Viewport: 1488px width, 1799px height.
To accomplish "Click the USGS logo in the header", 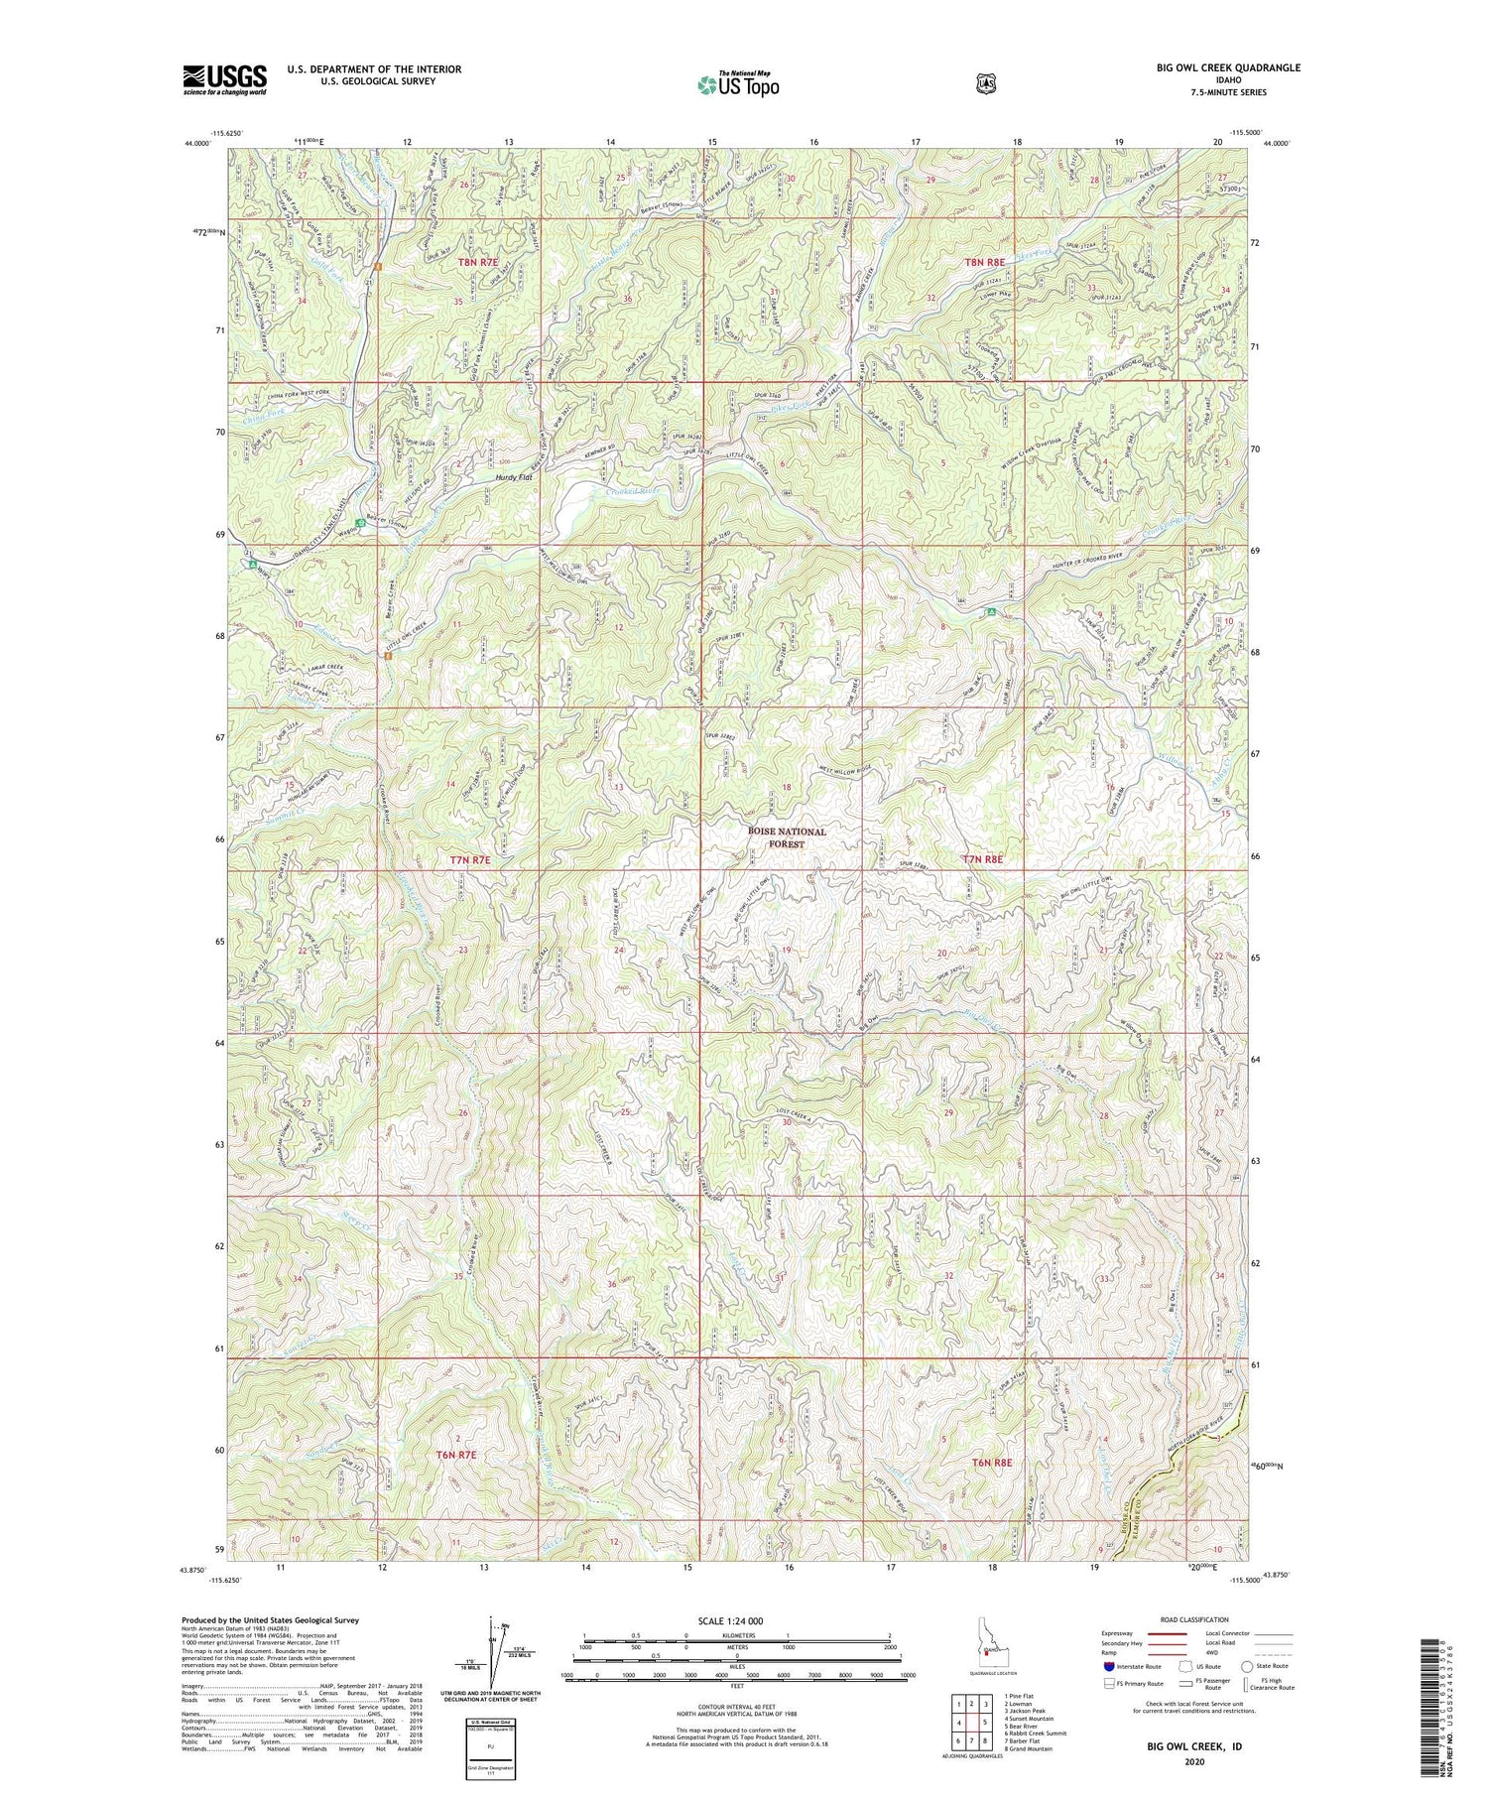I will click(x=224, y=79).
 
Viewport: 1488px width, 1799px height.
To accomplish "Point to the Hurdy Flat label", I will click(x=514, y=477).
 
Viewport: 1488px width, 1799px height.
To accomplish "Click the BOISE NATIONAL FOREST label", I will click(x=788, y=838).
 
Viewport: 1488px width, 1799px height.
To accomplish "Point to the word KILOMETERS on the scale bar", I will click(x=737, y=1637).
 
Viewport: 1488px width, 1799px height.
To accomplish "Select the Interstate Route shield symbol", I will click(x=1107, y=1667).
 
